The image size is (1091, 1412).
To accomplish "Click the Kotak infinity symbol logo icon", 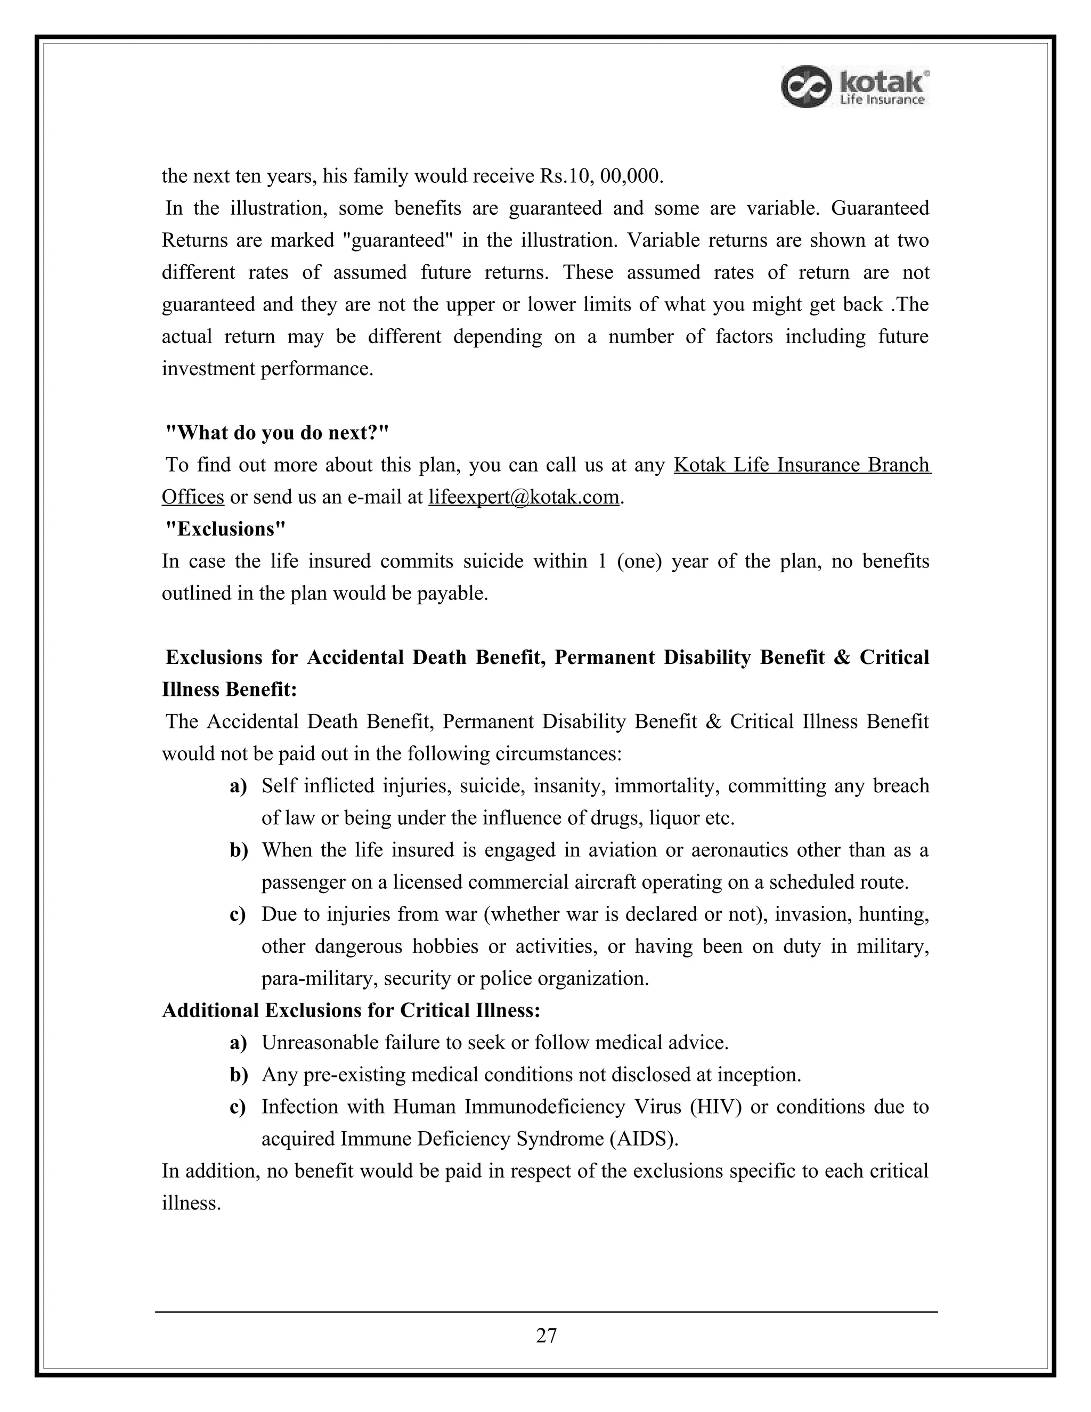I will (805, 87).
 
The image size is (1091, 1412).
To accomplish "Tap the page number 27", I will (546, 1335).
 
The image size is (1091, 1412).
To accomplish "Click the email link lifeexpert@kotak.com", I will (524, 497).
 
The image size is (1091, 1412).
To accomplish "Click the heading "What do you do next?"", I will (277, 433).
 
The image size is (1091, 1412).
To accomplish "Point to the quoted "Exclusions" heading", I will (225, 529).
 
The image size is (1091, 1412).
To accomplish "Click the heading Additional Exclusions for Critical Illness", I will (351, 1010).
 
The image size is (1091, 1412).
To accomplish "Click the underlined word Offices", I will (193, 497).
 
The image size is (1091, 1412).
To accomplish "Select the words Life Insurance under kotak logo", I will (882, 100).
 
